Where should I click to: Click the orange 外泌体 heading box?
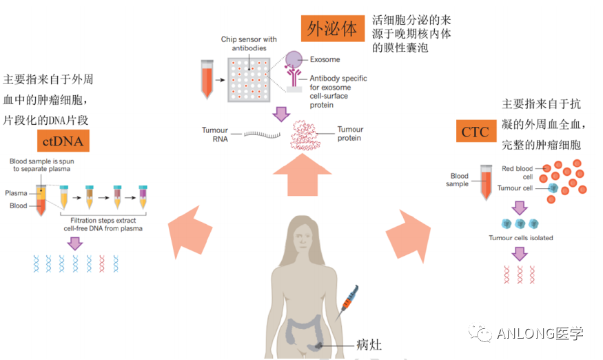(x=332, y=28)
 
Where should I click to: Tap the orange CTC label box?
(x=475, y=130)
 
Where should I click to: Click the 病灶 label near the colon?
(x=369, y=344)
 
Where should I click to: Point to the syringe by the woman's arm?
(x=348, y=301)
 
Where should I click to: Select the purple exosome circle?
(x=294, y=59)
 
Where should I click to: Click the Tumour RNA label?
(x=214, y=133)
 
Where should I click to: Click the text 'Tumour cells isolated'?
(x=520, y=238)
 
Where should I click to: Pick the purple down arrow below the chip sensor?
(x=280, y=114)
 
